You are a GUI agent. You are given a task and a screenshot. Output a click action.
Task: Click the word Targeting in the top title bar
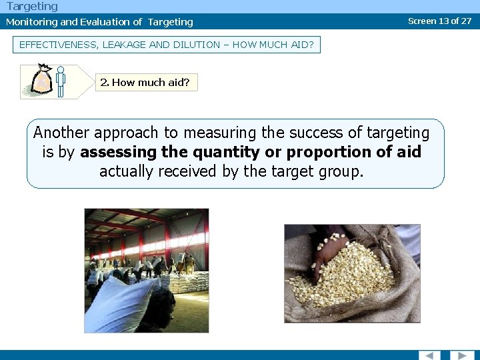point(32,7)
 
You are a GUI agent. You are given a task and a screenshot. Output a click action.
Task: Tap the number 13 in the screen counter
point(443,21)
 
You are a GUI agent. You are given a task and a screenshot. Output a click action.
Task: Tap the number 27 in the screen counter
point(465,21)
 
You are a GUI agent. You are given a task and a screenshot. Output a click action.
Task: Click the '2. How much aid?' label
point(145,83)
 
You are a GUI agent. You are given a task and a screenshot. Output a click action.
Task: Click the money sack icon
point(41,81)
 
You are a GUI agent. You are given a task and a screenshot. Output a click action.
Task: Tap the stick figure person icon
point(61,81)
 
